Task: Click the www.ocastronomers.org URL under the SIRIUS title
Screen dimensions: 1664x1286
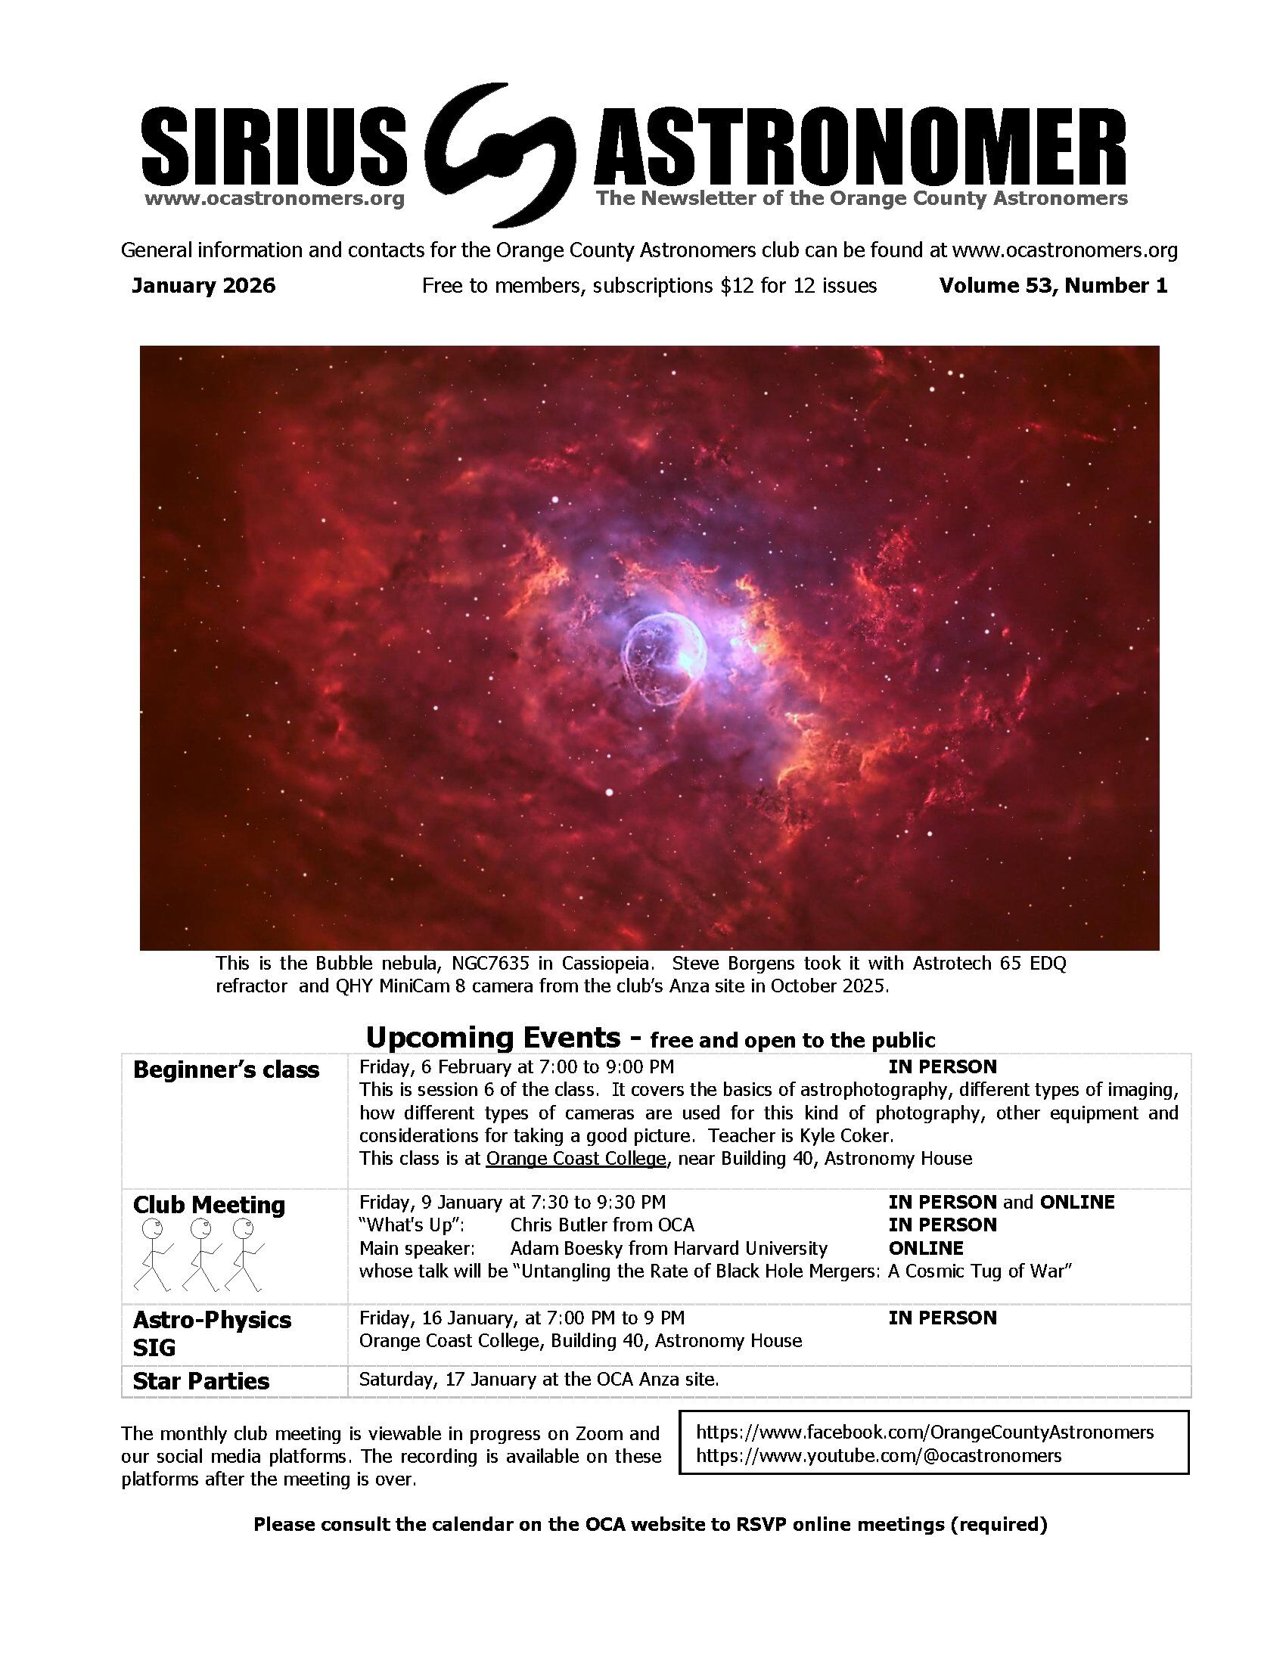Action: click(x=274, y=200)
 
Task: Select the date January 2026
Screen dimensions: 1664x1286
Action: click(x=203, y=286)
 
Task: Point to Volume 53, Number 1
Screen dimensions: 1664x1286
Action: click(x=1052, y=286)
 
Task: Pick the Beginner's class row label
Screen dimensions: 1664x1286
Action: click(x=225, y=1069)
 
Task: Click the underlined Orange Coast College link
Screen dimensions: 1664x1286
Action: click(x=576, y=1159)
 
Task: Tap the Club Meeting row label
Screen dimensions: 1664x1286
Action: click(x=209, y=1205)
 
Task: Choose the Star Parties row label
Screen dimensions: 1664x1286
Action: click(x=201, y=1381)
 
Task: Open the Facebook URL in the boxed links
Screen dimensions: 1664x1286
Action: click(x=925, y=1432)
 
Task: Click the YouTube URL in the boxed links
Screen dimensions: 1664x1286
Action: click(x=878, y=1455)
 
